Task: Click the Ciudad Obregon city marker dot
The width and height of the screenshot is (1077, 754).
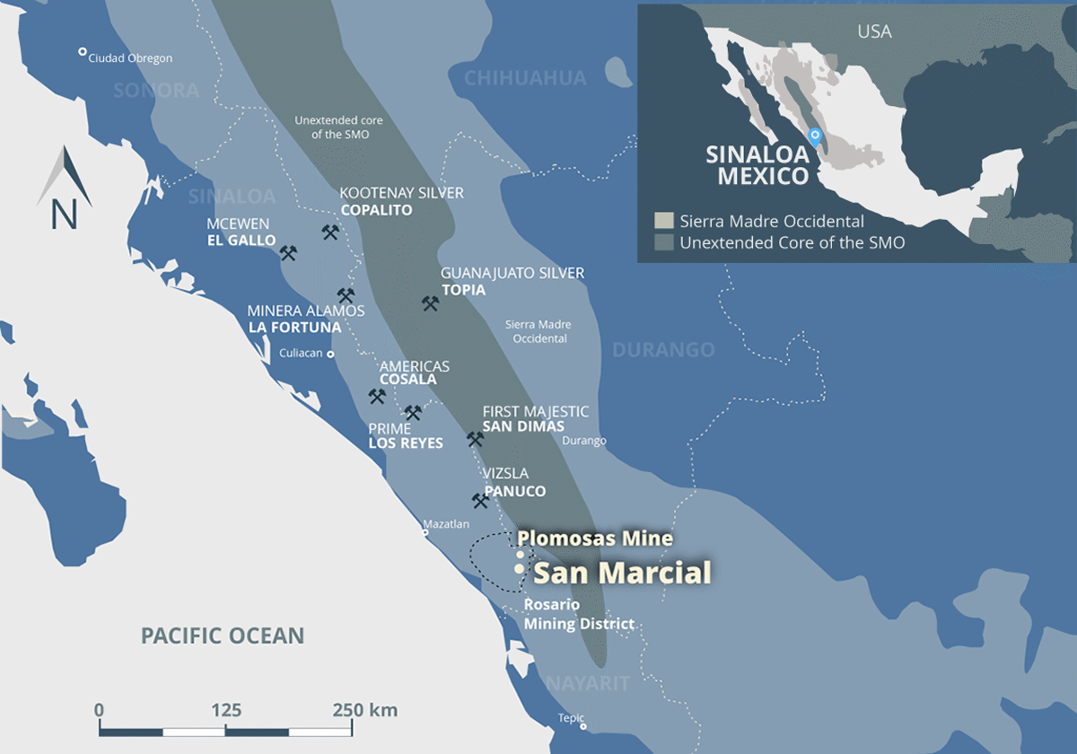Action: [83, 52]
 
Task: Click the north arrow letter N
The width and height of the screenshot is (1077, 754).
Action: [64, 215]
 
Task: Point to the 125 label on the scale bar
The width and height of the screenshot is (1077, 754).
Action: [226, 710]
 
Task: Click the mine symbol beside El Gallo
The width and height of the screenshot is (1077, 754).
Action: [288, 253]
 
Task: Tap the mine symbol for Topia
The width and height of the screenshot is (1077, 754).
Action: [431, 303]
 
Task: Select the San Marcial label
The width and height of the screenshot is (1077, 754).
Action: [622, 572]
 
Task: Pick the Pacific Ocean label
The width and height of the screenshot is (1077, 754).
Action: [223, 636]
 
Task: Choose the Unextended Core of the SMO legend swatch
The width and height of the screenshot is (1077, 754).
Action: [663, 242]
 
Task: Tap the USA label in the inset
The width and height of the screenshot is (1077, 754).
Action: [874, 31]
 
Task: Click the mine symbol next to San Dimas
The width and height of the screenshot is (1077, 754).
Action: [475, 439]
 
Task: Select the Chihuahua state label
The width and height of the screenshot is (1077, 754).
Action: [525, 78]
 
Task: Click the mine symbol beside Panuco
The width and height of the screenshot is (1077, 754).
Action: [480, 501]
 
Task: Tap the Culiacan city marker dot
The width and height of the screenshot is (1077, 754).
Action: [330, 354]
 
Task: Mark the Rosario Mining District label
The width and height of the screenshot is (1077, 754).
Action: [579, 615]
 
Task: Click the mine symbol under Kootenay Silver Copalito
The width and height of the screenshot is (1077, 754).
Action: [330, 232]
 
